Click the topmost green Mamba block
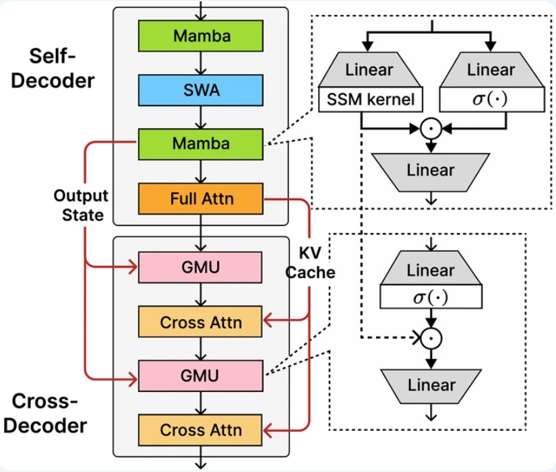click(x=200, y=36)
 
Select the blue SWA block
click(x=200, y=90)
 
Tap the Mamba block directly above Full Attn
click(x=200, y=143)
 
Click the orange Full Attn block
click(x=200, y=199)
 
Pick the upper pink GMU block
click(x=200, y=267)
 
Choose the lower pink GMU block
click(x=200, y=375)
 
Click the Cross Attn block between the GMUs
click(x=200, y=322)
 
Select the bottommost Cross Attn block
click(x=200, y=429)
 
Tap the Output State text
click(x=82, y=205)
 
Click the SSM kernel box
click(x=369, y=101)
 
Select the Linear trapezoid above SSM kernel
click(x=369, y=70)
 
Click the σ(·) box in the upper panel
click(x=491, y=101)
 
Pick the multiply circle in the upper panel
click(x=431, y=127)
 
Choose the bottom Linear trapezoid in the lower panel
click(x=431, y=385)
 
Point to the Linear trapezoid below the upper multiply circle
click(x=431, y=170)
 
